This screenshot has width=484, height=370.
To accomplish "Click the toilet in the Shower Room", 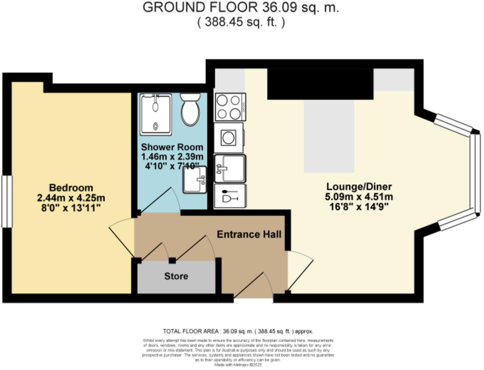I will [190, 110].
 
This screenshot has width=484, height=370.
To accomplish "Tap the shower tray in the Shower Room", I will [156, 114].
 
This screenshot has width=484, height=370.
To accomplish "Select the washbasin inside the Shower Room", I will [195, 180].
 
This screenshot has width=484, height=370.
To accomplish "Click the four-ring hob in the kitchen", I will [230, 107].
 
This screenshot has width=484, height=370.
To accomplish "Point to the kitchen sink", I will [230, 168].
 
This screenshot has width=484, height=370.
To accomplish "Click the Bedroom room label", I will [71, 187].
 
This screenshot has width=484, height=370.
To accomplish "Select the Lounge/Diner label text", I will [359, 186].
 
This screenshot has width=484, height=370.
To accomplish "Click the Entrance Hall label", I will [249, 234].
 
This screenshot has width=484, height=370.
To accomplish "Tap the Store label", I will [176, 276].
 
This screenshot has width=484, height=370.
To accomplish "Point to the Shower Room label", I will [172, 147].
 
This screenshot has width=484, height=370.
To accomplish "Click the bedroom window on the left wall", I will [6, 201].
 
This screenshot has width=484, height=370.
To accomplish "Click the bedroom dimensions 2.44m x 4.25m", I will [71, 198].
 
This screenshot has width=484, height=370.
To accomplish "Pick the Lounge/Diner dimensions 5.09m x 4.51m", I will [359, 197].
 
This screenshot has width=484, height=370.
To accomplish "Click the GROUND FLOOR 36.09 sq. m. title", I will [241, 7].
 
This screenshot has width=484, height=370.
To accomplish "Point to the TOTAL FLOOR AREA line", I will [238, 331].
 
